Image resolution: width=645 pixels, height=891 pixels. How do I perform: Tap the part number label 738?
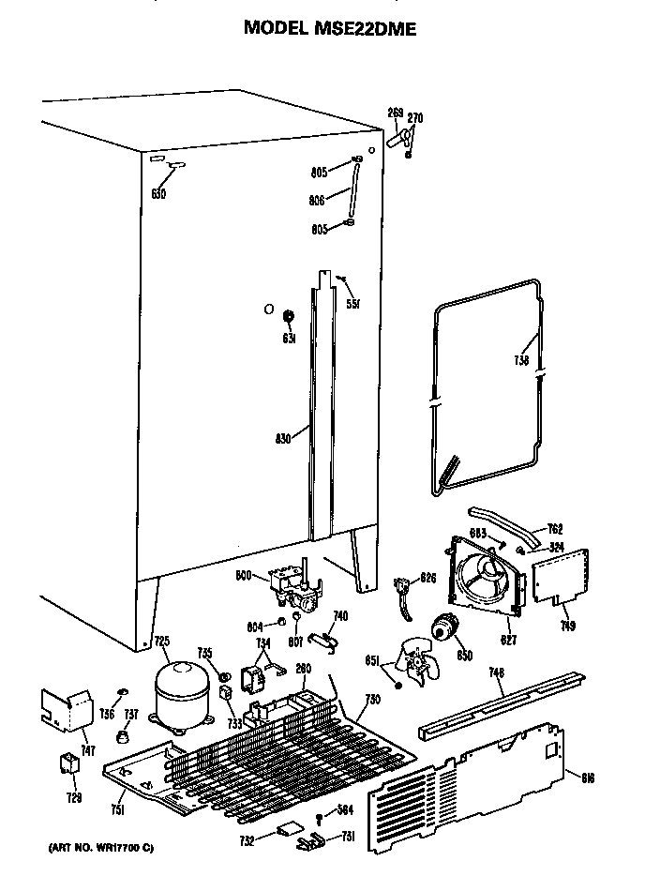521,360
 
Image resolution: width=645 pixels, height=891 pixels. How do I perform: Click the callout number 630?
157,194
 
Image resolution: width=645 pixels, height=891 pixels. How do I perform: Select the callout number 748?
497,672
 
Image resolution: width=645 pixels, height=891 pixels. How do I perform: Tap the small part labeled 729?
68,764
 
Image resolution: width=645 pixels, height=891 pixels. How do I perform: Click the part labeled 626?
406,590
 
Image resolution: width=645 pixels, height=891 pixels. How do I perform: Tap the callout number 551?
353,303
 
